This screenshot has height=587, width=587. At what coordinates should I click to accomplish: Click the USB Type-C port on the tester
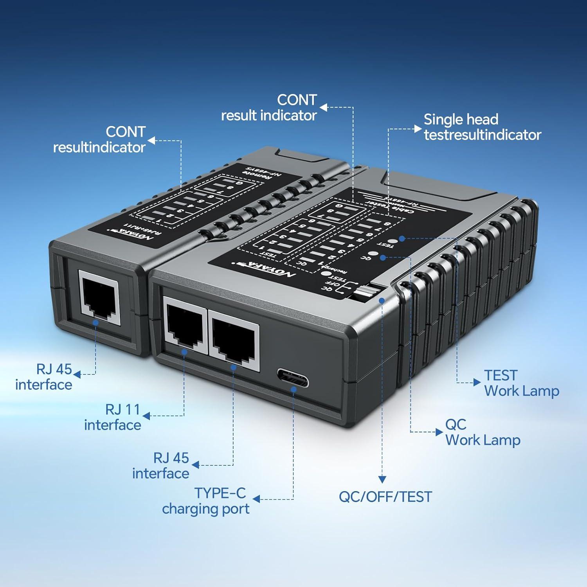(293, 378)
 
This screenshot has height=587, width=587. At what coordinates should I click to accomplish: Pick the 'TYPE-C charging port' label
(206, 501)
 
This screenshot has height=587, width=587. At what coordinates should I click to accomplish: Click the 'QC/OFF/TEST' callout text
(385, 497)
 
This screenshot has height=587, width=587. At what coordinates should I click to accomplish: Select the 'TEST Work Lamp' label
(521, 383)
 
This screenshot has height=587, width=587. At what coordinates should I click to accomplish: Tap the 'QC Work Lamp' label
(483, 432)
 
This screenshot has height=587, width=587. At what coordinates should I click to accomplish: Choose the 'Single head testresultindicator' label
(482, 127)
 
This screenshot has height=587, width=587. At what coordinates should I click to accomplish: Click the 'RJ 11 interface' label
(113, 417)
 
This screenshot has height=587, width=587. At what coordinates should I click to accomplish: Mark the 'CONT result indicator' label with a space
(269, 108)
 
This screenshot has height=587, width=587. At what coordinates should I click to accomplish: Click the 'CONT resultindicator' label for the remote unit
(99, 139)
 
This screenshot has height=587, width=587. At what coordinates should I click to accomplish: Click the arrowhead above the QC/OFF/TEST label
(382, 479)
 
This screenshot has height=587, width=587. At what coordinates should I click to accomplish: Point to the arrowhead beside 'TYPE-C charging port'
(256, 499)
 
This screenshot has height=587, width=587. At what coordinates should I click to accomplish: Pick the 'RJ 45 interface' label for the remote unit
(44, 377)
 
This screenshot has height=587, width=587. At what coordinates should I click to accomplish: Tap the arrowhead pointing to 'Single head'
(418, 129)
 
